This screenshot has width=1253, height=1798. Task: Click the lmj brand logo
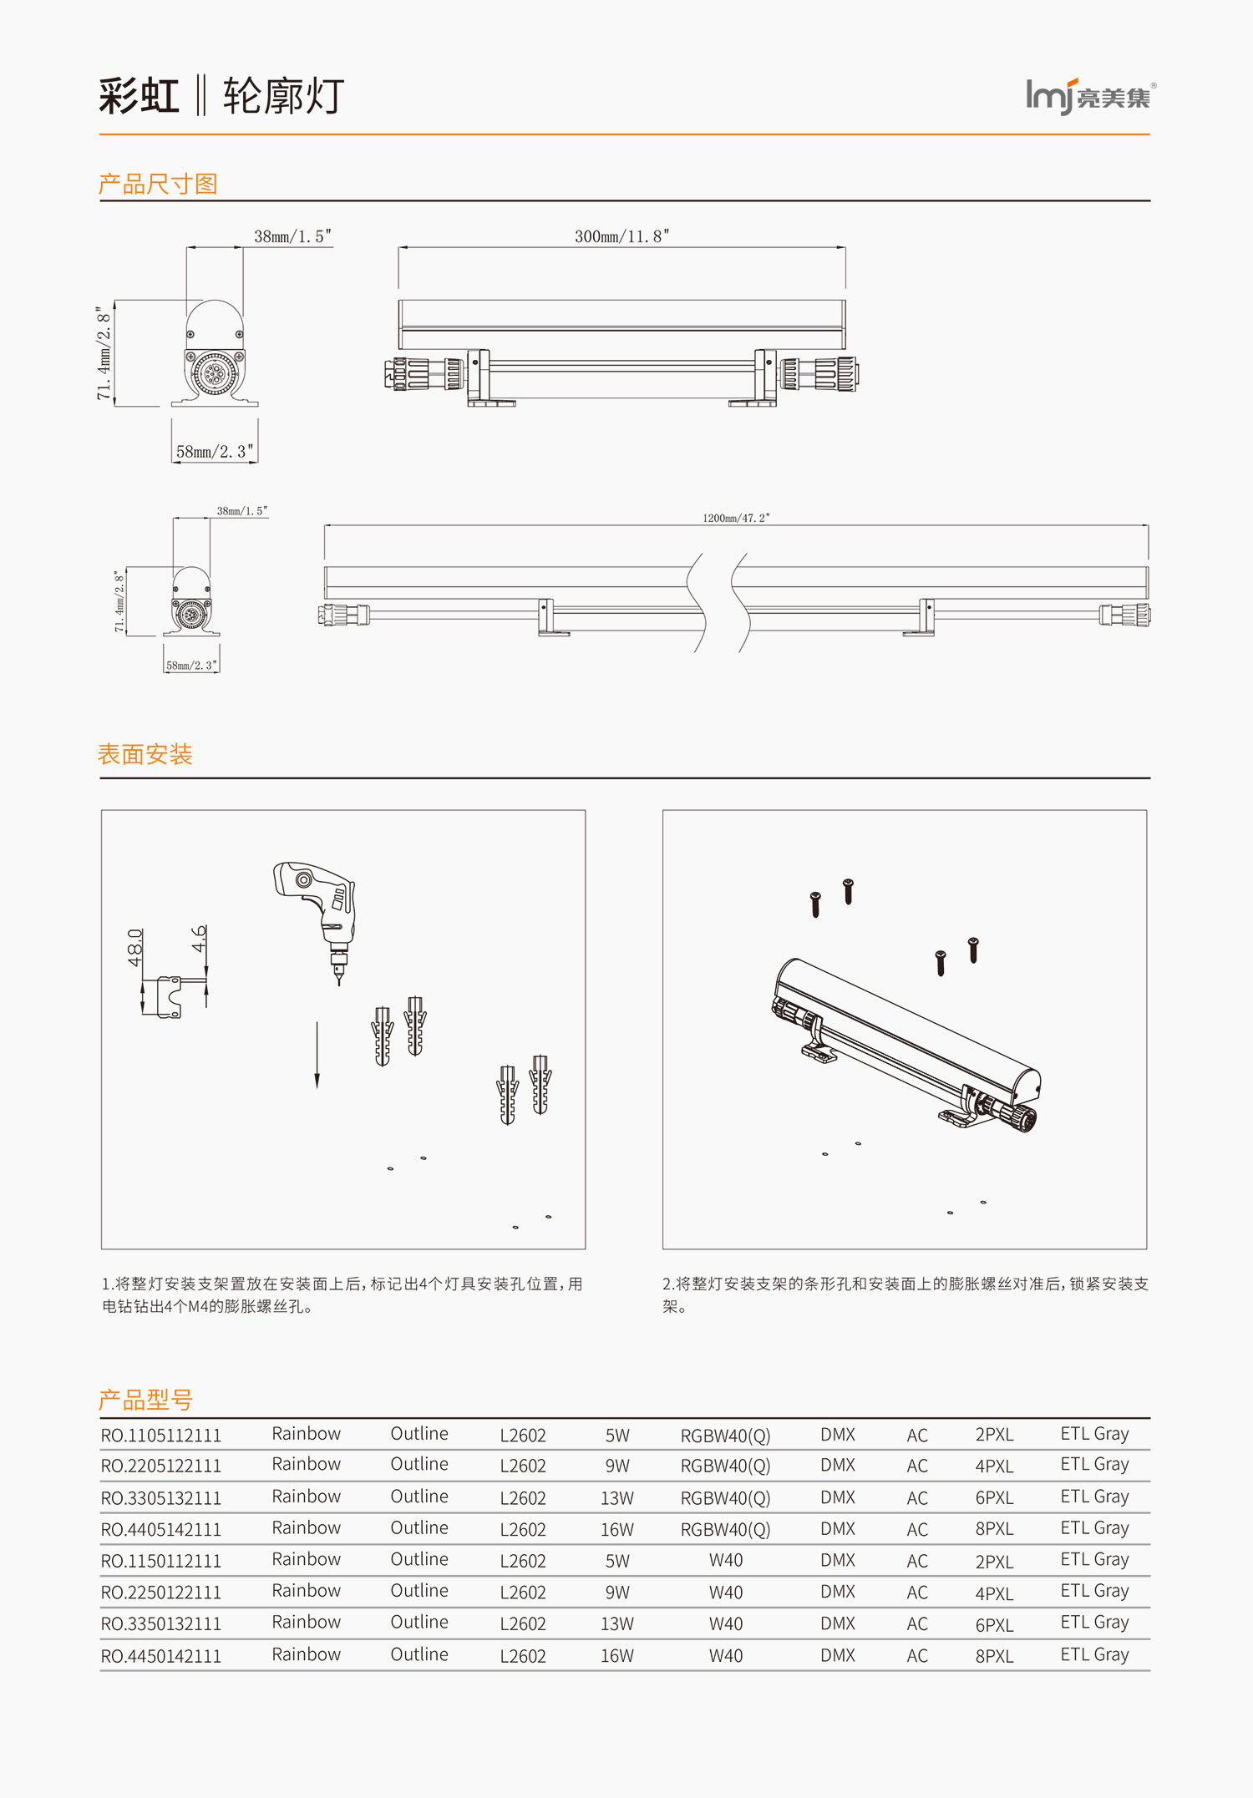pyautogui.click(x=1089, y=97)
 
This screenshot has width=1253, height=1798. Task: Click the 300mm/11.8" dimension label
pyautogui.click(x=621, y=236)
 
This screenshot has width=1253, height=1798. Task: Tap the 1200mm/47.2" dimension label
pyautogui.click(x=736, y=519)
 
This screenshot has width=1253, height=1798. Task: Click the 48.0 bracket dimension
pyautogui.click(x=134, y=947)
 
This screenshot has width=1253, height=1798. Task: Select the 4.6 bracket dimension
pyautogui.click(x=199, y=939)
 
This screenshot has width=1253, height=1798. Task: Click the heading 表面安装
pyautogui.click(x=145, y=754)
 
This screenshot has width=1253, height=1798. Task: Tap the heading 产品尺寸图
pyautogui.click(x=158, y=184)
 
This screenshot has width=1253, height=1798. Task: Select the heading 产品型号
pyautogui.click(x=145, y=1399)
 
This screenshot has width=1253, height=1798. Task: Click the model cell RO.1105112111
pyautogui.click(x=161, y=1436)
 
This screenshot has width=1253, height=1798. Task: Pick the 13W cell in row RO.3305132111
pyautogui.click(x=617, y=1498)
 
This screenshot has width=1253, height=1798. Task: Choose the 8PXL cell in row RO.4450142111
pyautogui.click(x=994, y=1656)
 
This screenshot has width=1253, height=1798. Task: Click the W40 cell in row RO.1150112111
pyautogui.click(x=726, y=1560)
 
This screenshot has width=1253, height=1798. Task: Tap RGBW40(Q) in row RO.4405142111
pyautogui.click(x=725, y=1529)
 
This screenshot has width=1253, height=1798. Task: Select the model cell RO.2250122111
pyautogui.click(x=161, y=1593)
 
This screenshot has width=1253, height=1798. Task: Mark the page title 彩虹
pyautogui.click(x=139, y=96)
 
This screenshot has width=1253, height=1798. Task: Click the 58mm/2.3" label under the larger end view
pyautogui.click(x=215, y=452)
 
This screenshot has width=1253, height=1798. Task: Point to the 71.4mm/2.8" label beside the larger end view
pyautogui.click(x=104, y=352)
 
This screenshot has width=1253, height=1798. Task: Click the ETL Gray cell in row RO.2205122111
pyautogui.click(x=1094, y=1465)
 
